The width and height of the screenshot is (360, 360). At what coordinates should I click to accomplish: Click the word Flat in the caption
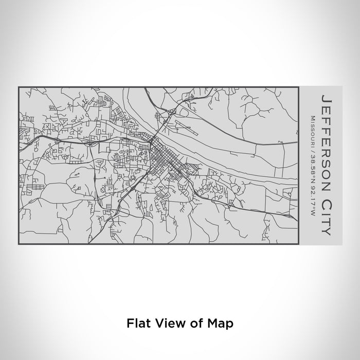(137, 323)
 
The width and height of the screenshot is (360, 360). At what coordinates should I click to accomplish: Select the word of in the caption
(189, 323)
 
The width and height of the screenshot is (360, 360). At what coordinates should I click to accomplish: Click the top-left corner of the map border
(19, 87)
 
